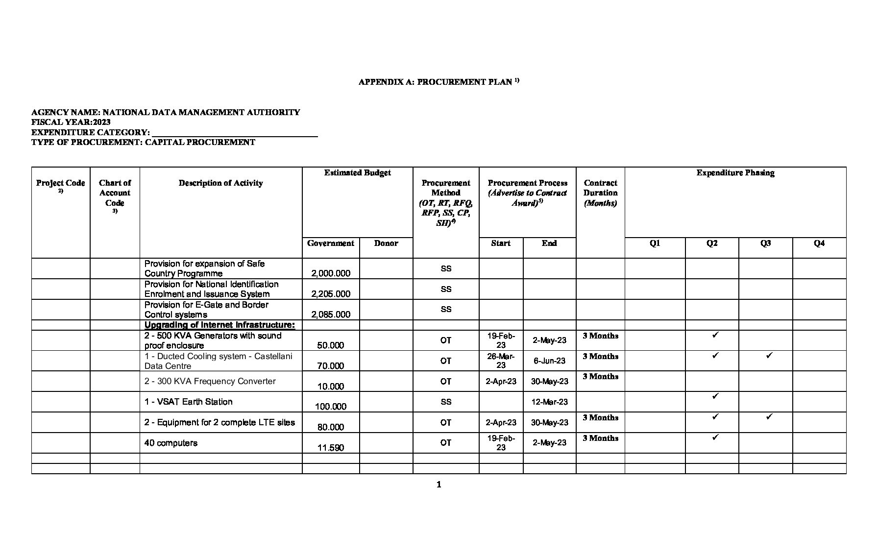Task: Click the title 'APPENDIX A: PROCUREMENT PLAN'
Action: (436, 82)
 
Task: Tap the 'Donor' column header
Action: (386, 243)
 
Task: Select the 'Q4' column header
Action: (819, 243)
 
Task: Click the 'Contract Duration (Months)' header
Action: (600, 193)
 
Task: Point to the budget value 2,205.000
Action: (331, 294)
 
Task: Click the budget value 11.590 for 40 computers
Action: (331, 447)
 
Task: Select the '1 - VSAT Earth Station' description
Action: (188, 402)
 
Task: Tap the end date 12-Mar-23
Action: (549, 402)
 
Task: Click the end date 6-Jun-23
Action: (549, 361)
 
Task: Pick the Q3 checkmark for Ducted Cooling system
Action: (769, 355)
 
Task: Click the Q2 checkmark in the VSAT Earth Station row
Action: (715, 396)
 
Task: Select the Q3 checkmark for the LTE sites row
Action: (769, 417)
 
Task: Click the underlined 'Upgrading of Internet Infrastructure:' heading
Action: (219, 325)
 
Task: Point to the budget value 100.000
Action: (331, 406)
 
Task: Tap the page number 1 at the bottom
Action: (439, 485)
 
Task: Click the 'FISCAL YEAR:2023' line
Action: (71, 122)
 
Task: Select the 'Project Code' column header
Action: (60, 183)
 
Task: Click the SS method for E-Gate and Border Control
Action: (445, 309)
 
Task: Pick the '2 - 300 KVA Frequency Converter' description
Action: (210, 381)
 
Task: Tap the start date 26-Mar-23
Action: (501, 361)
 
